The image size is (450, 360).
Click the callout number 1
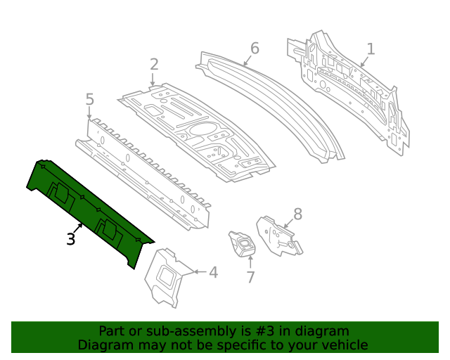(x=371, y=49)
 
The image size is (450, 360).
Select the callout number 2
(x=154, y=65)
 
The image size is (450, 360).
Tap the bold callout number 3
(x=70, y=239)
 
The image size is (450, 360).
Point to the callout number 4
(x=213, y=271)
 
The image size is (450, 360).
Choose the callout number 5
(x=89, y=100)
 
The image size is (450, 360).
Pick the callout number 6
(x=255, y=48)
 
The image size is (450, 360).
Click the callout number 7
(x=250, y=277)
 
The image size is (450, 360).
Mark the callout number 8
(x=297, y=214)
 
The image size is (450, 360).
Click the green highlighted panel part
(x=84, y=211)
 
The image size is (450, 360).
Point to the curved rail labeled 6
(x=281, y=98)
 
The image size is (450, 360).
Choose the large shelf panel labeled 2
(x=197, y=130)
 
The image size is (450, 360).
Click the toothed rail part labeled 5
(x=144, y=176)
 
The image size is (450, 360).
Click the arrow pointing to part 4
(x=198, y=271)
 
